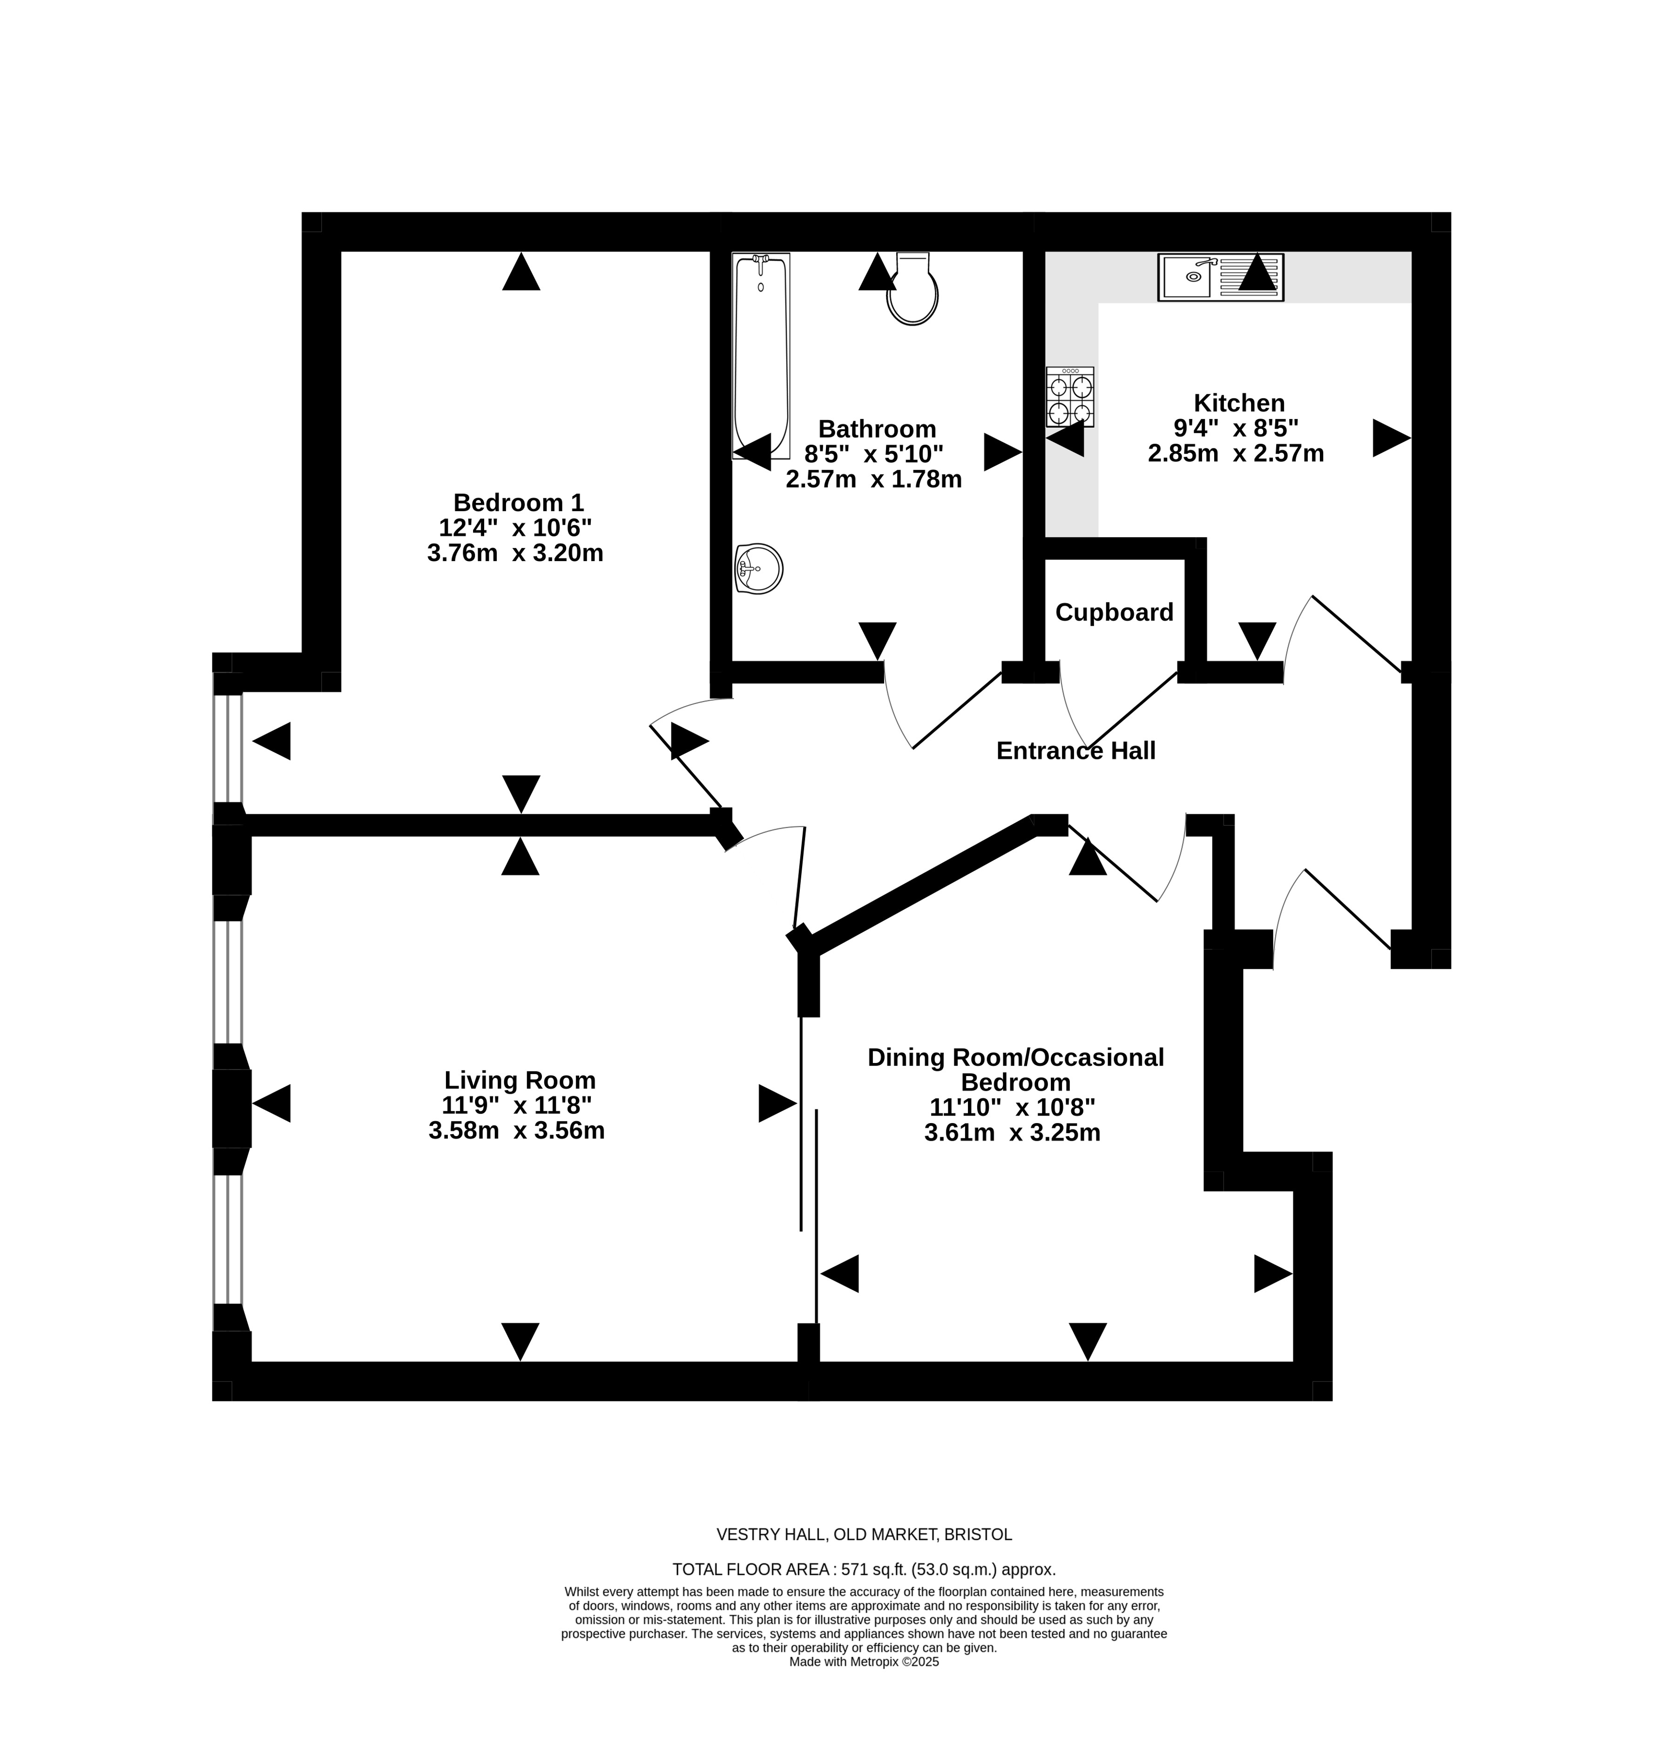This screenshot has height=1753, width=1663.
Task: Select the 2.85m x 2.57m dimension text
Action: pyautogui.click(x=1236, y=453)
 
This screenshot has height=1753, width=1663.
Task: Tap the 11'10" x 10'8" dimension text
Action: pyautogui.click(x=1012, y=1108)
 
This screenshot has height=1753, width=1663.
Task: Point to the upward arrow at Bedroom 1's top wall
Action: pyautogui.click(x=521, y=271)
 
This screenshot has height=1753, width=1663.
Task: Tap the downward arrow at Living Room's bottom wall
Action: pyautogui.click(x=521, y=1341)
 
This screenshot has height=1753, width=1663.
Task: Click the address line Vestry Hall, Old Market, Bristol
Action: pyautogui.click(x=864, y=1534)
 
